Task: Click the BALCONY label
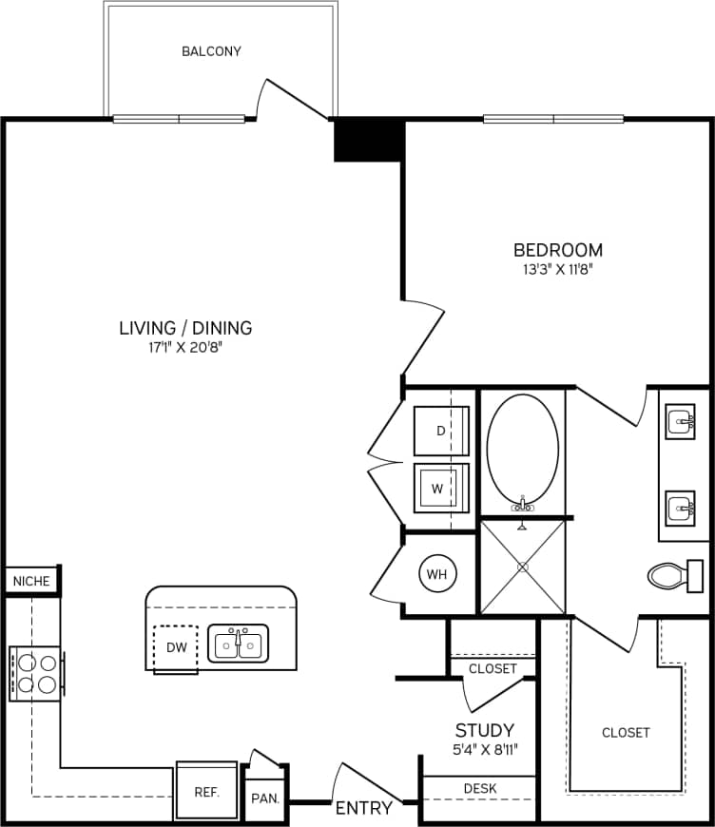click(x=211, y=51)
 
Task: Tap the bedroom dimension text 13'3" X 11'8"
click(x=558, y=269)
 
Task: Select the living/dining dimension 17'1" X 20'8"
click(x=185, y=347)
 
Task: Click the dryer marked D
click(x=441, y=431)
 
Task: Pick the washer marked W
click(x=438, y=489)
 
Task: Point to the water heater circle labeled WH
click(x=437, y=574)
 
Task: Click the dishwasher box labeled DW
click(x=175, y=647)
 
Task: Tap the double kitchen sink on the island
click(x=239, y=644)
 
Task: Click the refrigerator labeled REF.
click(x=206, y=790)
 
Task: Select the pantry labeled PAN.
click(x=265, y=798)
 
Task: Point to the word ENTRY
click(x=363, y=809)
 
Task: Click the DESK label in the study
click(x=479, y=788)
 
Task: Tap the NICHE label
click(x=31, y=580)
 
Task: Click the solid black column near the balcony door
click(x=367, y=140)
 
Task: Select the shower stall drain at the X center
click(x=523, y=567)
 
